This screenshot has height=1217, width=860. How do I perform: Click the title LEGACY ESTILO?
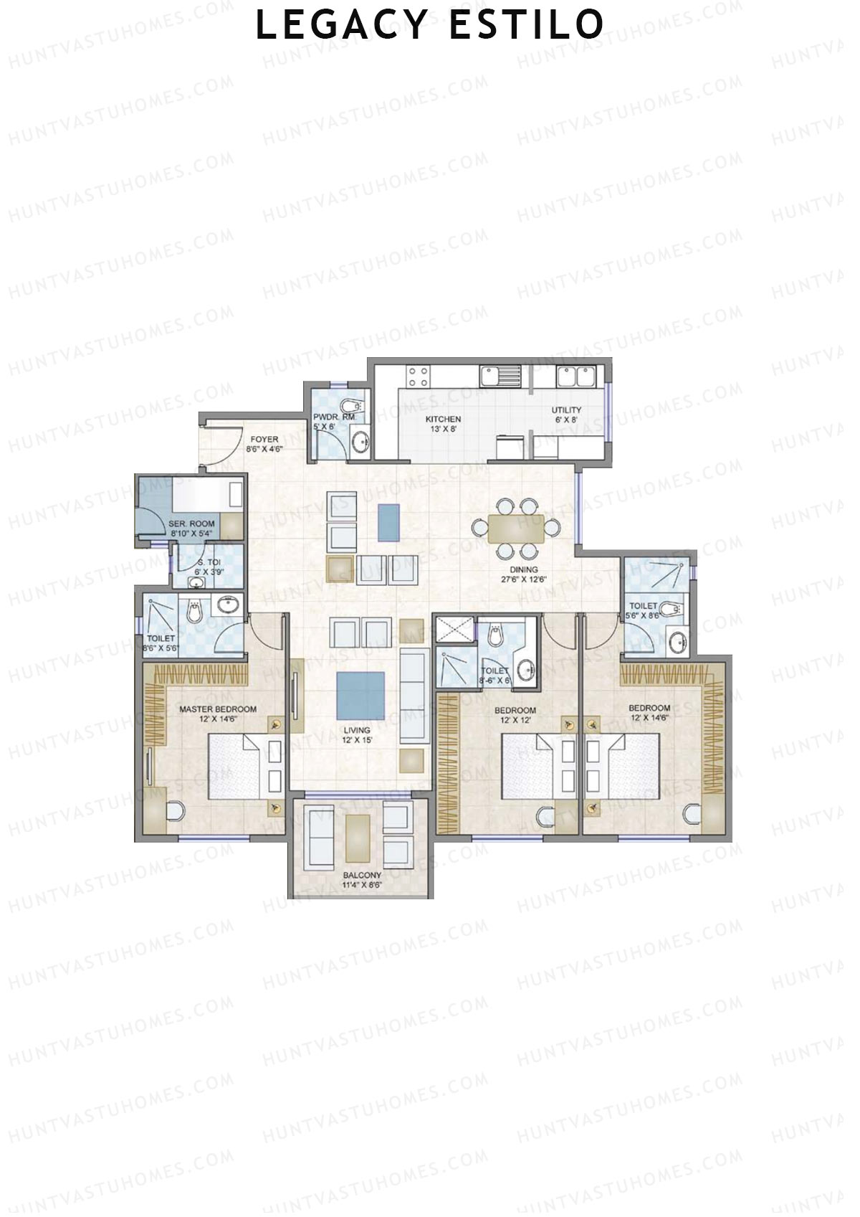point(430,25)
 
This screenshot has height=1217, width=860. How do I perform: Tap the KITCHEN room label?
point(443,419)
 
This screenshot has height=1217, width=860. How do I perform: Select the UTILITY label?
point(566,410)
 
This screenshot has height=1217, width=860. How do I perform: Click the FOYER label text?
point(264,439)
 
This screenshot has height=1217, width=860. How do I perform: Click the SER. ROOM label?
point(191,524)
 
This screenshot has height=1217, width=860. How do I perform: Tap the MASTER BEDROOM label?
point(217,709)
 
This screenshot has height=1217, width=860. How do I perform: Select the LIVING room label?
point(356,731)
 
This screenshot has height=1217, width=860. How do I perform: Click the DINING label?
point(523,570)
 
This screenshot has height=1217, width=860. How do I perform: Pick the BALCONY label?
point(361,876)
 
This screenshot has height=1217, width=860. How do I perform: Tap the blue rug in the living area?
point(360,695)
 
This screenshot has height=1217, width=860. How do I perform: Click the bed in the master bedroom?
point(236,766)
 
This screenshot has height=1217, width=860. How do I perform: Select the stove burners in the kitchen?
point(418,377)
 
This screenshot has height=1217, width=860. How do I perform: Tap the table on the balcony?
point(358,838)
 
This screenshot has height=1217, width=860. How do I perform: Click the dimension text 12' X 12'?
point(515,720)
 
